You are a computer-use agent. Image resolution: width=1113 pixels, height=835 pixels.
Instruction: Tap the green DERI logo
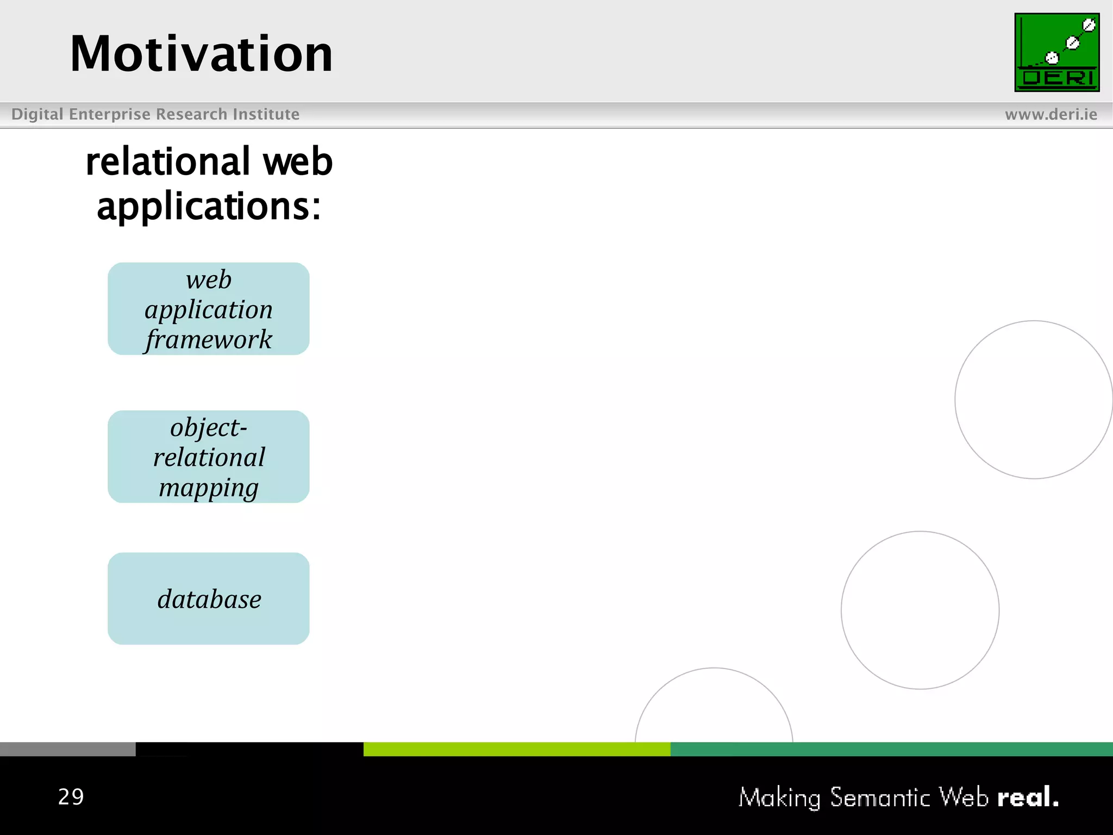coord(1056,52)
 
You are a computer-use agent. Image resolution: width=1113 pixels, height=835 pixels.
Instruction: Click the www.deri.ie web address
coord(1051,114)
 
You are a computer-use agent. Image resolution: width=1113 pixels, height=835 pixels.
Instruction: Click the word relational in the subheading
coord(168,162)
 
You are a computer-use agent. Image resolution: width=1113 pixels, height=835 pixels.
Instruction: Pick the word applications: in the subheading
coord(209,207)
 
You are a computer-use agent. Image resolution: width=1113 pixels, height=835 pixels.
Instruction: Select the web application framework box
coord(209,309)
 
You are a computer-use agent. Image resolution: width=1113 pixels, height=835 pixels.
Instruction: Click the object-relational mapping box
coord(209,457)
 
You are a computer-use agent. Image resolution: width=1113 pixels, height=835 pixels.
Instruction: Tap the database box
coord(209,599)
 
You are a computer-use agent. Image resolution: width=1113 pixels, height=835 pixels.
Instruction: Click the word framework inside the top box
coord(209,340)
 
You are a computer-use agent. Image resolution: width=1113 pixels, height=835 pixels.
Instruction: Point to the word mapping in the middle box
coord(209,488)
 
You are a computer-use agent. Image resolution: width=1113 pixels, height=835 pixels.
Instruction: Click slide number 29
coord(71,797)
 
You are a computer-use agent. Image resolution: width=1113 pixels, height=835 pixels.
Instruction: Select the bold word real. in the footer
coord(1028,797)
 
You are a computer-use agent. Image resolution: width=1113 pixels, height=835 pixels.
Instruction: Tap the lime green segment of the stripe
coord(516,749)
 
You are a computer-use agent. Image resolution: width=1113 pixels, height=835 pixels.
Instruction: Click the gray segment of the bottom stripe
coord(67,749)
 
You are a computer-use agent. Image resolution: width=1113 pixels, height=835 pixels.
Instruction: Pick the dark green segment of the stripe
coord(891,749)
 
